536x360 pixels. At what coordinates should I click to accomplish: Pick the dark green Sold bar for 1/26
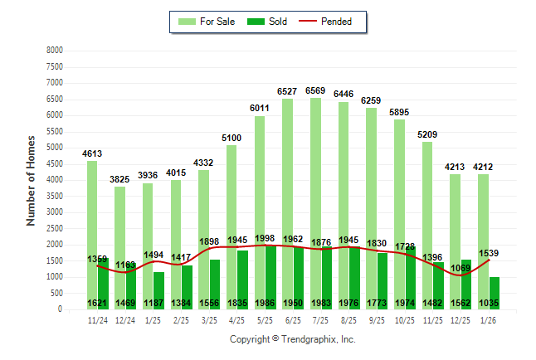click(x=495, y=293)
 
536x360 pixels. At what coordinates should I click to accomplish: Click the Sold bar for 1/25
click(x=158, y=290)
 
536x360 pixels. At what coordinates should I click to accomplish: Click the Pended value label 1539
click(x=490, y=251)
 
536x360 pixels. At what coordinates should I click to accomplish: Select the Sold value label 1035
click(x=490, y=304)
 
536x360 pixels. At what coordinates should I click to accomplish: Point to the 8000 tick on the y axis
click(x=54, y=51)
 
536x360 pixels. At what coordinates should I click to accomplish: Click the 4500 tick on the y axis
click(x=54, y=164)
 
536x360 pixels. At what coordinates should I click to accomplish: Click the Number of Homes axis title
click(x=31, y=180)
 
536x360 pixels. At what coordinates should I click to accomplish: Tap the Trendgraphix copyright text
click(x=292, y=339)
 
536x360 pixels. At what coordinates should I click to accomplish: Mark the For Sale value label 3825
click(x=120, y=179)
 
